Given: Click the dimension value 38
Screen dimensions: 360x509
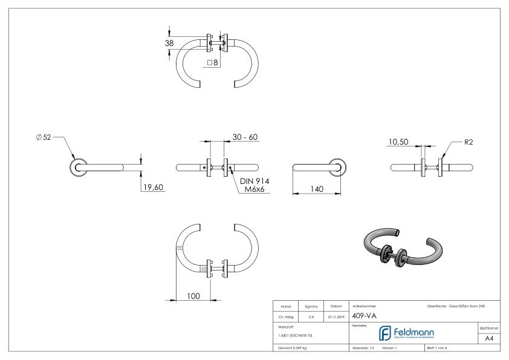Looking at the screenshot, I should click(169, 43).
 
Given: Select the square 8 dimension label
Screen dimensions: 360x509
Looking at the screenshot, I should click(212, 62).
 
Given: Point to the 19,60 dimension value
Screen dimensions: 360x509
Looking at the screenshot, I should click(153, 187).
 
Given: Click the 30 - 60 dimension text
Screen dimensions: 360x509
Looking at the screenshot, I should click(245, 137).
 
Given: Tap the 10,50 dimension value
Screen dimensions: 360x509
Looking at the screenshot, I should click(398, 142).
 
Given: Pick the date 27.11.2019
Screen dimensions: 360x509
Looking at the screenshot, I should click(335, 315).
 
